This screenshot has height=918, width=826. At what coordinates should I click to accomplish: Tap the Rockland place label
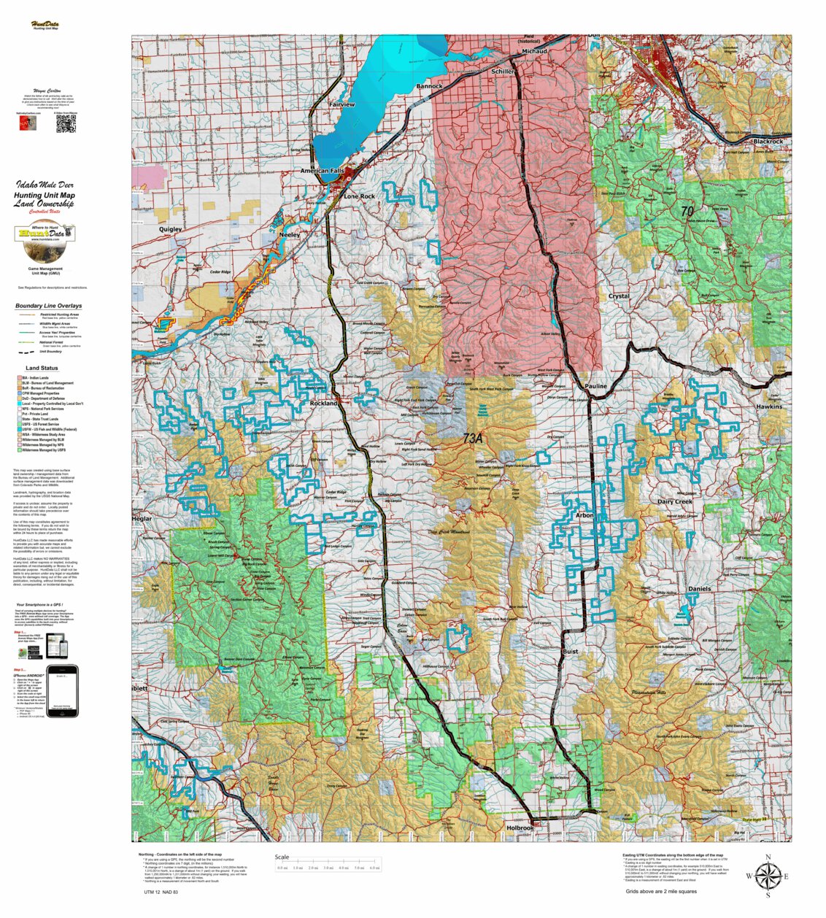[323, 403]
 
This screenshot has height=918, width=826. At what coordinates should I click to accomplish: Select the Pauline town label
[595, 386]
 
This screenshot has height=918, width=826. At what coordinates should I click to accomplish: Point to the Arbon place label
[584, 515]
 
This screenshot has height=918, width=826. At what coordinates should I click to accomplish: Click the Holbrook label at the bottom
[520, 828]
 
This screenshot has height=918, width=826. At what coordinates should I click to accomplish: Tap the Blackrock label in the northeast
[768, 141]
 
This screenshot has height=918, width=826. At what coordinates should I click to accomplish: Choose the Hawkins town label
[768, 406]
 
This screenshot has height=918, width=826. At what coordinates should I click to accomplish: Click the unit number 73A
[473, 439]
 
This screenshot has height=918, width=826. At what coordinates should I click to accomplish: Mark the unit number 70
[687, 211]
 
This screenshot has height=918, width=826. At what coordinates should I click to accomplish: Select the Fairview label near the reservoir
[341, 104]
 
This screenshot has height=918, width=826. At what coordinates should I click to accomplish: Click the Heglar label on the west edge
[142, 519]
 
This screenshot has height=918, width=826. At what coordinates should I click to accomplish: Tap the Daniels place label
[699, 588]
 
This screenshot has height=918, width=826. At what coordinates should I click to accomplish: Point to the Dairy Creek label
[674, 502]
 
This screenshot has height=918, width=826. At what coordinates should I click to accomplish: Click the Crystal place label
[619, 296]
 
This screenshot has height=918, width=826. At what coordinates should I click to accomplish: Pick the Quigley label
[170, 229]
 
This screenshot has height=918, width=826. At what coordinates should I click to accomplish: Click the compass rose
[767, 876]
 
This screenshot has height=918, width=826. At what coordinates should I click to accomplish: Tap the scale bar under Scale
[328, 868]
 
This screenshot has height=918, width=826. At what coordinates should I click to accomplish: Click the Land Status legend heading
[42, 368]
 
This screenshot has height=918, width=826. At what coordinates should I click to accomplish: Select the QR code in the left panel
[66, 124]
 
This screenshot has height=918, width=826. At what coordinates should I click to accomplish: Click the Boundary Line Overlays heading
[48, 306]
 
